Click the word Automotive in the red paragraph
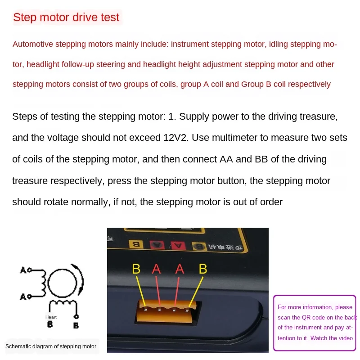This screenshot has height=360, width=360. point(32,44)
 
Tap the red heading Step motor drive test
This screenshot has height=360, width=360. point(66,17)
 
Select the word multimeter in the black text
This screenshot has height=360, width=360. point(234,138)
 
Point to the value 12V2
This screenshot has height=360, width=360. point(175,138)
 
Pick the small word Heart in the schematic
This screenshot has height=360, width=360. point(51,317)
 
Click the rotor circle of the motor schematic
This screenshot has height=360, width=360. point(62,283)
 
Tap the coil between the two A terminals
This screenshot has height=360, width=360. point(43,283)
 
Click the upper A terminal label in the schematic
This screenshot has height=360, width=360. point(23,270)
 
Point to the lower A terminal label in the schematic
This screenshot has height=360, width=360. point(23,297)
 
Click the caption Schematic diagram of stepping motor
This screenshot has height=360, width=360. point(51,346)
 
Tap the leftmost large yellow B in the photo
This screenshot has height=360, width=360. point(136,269)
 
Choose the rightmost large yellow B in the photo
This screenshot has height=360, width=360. point(203,269)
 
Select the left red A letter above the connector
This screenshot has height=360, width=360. point(156,269)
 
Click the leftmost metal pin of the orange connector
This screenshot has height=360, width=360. point(145,310)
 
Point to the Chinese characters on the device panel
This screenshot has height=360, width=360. point(225,247)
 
